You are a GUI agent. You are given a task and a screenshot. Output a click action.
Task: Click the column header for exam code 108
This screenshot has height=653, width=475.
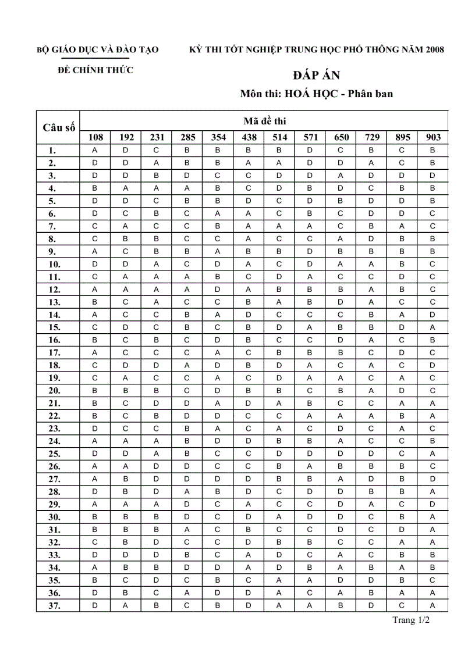click(x=95, y=138)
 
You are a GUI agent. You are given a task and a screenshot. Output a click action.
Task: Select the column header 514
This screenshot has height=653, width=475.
click(x=280, y=138)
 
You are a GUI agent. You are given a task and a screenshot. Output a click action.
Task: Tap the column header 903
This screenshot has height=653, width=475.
click(x=433, y=138)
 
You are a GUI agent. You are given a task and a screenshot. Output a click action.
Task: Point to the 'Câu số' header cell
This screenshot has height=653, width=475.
click(x=58, y=128)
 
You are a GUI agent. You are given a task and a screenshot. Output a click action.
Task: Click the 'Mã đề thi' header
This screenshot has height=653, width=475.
click(x=264, y=121)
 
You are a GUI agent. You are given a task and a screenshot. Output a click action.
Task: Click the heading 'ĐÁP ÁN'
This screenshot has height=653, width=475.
click(x=316, y=76)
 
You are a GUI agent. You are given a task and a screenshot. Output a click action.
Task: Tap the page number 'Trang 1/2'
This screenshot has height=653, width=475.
click(x=411, y=620)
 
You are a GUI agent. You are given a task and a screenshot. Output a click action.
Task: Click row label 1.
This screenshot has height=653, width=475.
click(x=52, y=151)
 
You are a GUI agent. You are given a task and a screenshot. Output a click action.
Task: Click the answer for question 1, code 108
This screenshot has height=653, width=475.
click(x=95, y=150)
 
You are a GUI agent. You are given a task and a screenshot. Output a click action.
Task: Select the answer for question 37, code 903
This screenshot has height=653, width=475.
click(x=433, y=606)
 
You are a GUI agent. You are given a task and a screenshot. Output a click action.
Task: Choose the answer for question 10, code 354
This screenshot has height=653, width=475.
click(x=218, y=264)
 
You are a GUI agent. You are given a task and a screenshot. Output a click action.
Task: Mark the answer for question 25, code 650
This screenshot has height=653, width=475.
click(x=341, y=453)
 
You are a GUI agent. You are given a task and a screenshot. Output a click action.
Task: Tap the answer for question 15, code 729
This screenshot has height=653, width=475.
click(x=371, y=327)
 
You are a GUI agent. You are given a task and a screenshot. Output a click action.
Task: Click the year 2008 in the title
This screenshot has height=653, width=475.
click(x=434, y=50)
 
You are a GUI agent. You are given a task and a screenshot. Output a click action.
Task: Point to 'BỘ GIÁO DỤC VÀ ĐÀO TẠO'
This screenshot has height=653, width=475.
click(x=98, y=50)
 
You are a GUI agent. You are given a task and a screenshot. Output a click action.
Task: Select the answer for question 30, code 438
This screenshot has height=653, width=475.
click(x=249, y=516)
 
